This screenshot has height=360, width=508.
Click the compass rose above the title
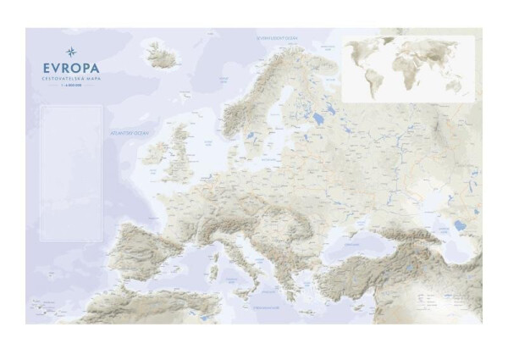(x=70, y=52)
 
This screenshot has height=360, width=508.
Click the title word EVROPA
(x=70, y=68)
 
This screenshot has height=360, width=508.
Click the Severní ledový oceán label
(x=277, y=37)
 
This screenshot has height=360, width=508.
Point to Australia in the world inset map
(x=455, y=85)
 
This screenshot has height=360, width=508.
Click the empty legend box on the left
(x=70, y=174)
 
